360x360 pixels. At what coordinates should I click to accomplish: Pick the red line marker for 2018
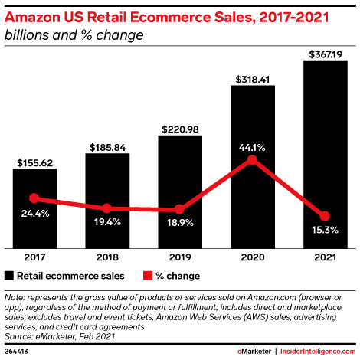click(107, 208)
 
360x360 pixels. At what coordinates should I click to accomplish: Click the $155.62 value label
click(34, 162)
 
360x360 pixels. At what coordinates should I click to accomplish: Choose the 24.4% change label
click(34, 214)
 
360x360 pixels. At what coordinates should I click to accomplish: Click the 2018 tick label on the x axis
click(107, 258)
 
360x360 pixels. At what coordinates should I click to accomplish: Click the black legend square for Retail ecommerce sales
click(9, 276)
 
